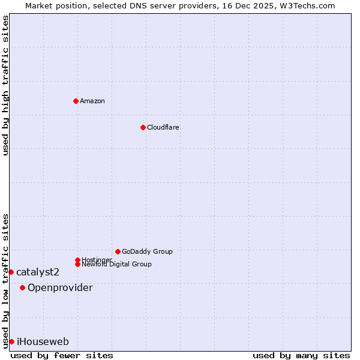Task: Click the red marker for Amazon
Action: coord(76,101)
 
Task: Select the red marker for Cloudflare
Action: coord(143,127)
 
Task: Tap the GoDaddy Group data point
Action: coord(118,251)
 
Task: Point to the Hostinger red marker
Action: coord(77,260)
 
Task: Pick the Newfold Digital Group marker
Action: coord(77,264)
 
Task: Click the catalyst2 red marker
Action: coord(11,272)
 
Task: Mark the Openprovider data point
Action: coord(22,287)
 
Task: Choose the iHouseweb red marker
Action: coord(11,341)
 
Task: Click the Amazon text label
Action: coord(92,101)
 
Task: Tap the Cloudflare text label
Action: coord(163,127)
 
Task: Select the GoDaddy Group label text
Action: coord(147,251)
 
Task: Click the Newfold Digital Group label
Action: coord(117,265)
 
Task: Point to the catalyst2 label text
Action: coord(38,272)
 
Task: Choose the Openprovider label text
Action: coord(60,288)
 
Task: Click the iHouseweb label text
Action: coord(43,342)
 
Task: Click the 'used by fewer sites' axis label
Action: coord(62,355)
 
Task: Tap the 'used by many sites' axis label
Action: coord(301,355)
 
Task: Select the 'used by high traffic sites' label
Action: coord(5,86)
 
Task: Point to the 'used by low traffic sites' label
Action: coord(5,280)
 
